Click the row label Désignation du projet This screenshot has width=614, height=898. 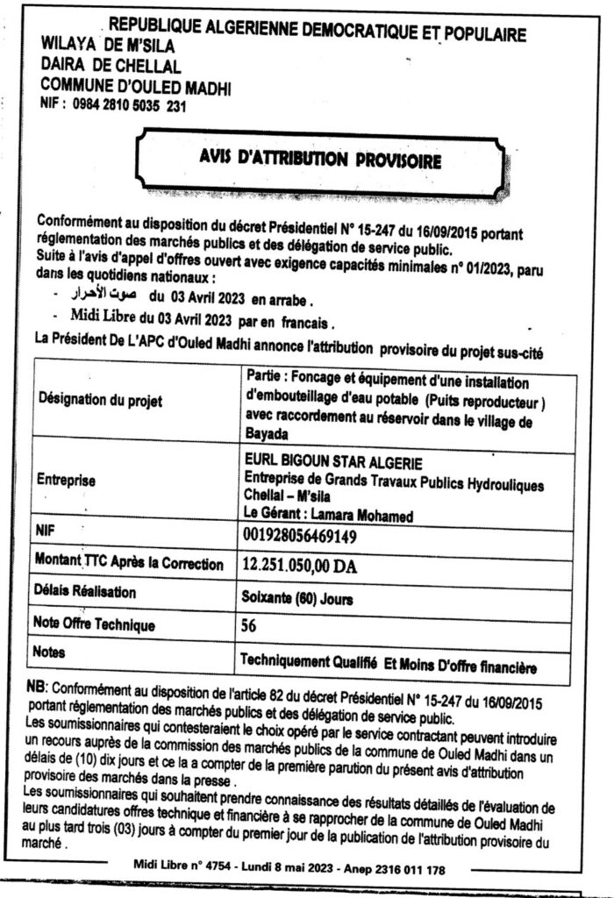point(98,400)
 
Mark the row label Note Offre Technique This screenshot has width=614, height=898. point(96,625)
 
